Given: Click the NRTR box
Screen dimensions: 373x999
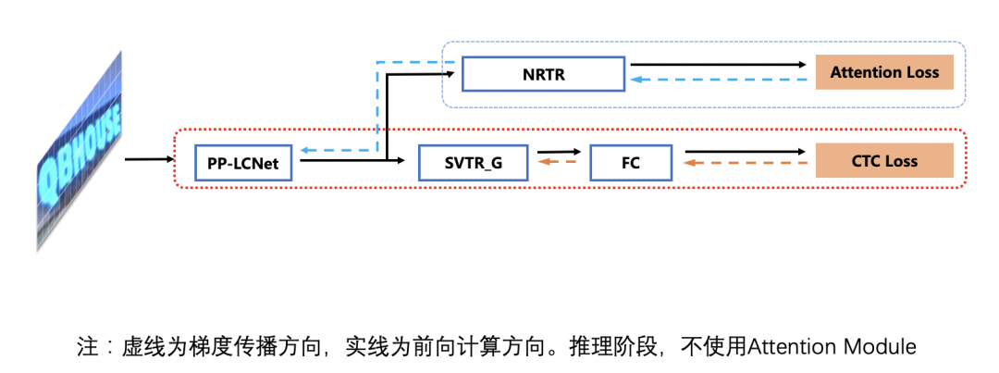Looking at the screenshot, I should (543, 73).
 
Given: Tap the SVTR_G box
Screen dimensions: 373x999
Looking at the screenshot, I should (473, 163).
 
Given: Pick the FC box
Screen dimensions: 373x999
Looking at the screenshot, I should (631, 163).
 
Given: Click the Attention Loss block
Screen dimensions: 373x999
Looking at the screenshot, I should (883, 72).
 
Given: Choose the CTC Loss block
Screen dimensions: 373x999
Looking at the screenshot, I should (883, 161).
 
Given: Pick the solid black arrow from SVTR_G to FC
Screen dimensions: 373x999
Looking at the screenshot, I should (559, 152).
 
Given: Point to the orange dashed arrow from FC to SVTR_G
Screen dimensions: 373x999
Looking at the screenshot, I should (559, 162).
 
